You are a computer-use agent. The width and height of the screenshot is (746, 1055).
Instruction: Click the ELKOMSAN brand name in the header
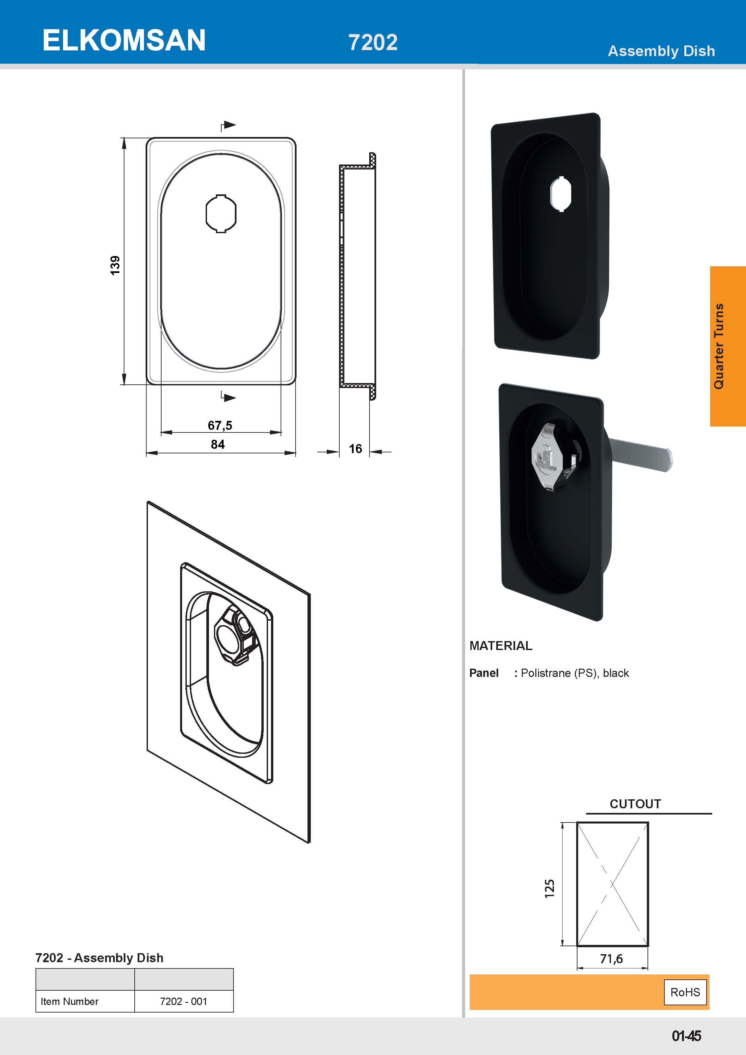[124, 40]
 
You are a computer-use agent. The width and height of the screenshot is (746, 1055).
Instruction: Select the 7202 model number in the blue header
[373, 42]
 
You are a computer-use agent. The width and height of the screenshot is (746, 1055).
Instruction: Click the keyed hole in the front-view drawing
[221, 214]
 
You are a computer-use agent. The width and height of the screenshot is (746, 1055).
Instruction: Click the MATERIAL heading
[501, 646]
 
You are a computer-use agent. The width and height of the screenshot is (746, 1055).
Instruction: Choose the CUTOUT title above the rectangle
[635, 804]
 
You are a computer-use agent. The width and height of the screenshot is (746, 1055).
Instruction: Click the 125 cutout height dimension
[549, 889]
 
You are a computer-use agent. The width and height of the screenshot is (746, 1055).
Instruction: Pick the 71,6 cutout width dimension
[611, 959]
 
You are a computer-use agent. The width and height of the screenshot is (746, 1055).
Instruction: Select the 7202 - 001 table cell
[183, 1001]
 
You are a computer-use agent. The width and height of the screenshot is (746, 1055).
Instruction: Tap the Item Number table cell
[69, 1001]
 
